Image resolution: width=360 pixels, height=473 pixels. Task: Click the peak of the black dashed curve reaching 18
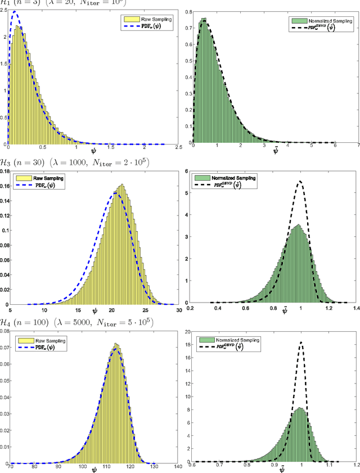(x=301, y=343)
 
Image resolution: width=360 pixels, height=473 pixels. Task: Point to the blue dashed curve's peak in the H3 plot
(x=115, y=193)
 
